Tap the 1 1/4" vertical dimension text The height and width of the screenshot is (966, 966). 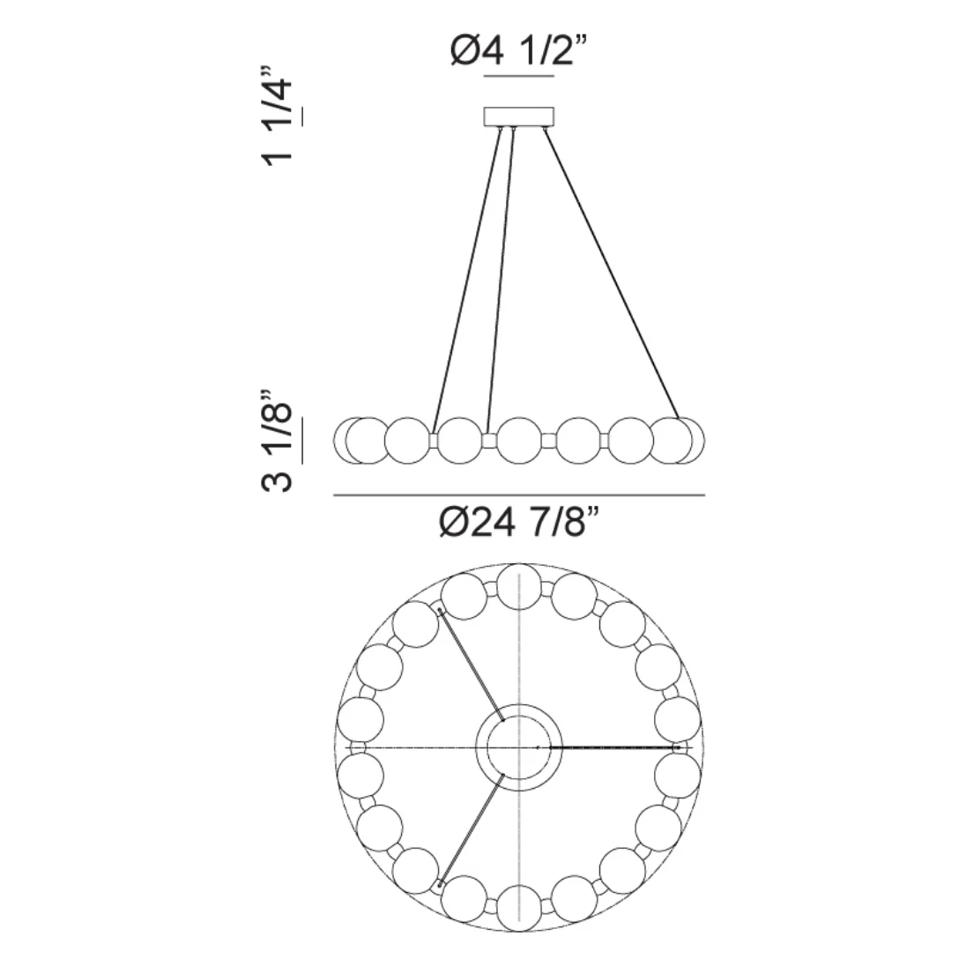click(279, 115)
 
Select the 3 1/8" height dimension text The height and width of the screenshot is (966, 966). click(279, 444)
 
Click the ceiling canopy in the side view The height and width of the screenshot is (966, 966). click(519, 117)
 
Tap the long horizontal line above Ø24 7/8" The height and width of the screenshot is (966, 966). click(519, 496)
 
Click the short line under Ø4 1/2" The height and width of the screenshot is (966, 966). click(519, 78)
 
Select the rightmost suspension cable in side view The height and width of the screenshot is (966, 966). click(612, 273)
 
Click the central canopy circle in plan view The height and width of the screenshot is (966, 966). click(520, 747)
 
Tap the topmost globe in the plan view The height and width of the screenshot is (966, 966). click(520, 587)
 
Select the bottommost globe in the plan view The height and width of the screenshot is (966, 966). click(520, 908)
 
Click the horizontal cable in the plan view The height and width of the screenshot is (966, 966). click(613, 747)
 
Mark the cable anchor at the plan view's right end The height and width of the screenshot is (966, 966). click(677, 747)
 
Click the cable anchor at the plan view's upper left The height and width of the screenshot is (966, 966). click(439, 608)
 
